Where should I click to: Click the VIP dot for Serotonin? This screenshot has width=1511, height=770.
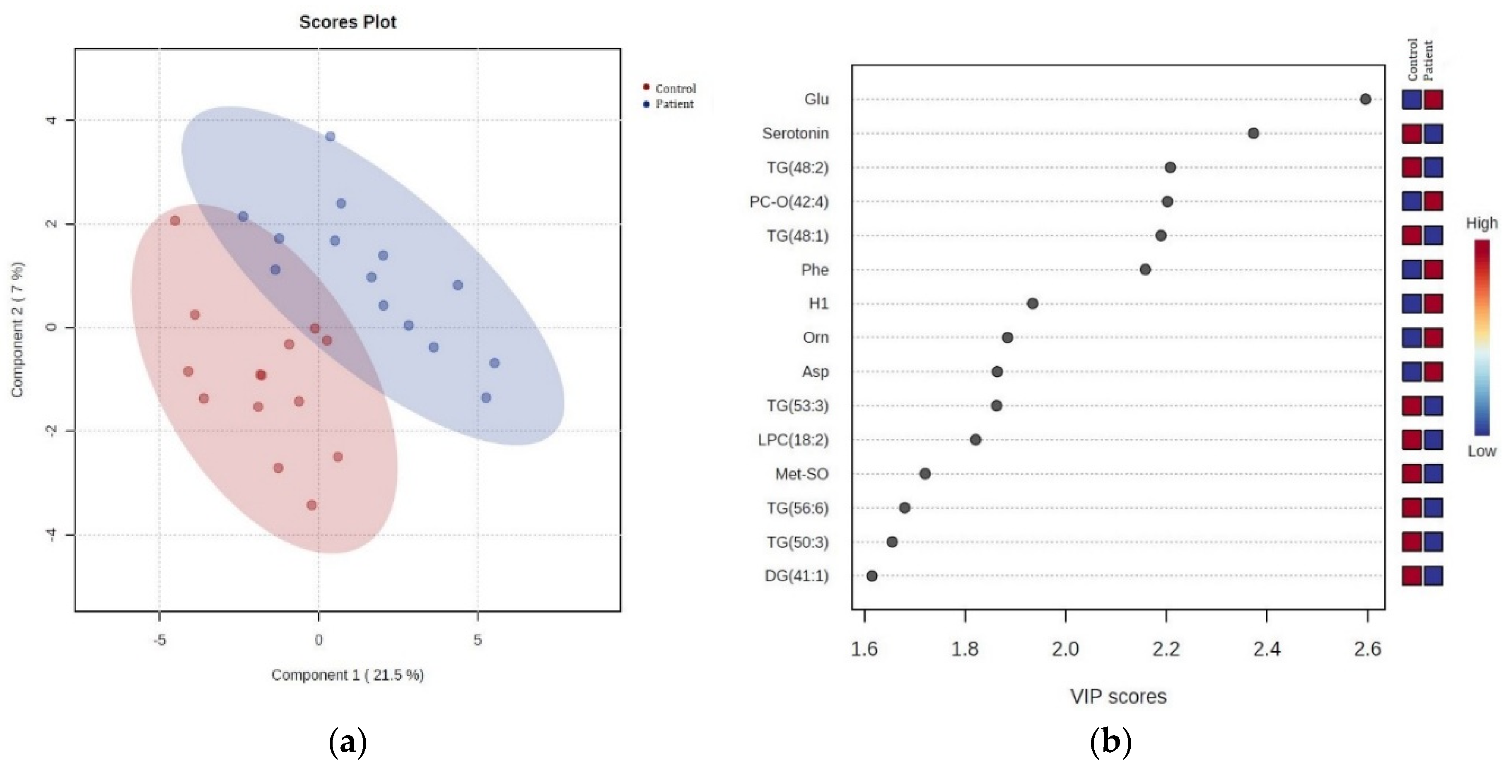[x=1253, y=133]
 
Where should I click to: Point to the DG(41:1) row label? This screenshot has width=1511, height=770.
[x=796, y=576]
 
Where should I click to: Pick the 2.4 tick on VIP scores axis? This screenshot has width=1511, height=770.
[x=1266, y=649]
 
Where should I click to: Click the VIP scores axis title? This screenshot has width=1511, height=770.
[x=1118, y=697]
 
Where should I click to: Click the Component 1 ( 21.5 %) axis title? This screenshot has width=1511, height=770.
[x=347, y=675]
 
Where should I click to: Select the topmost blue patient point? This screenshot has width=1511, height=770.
[x=330, y=137]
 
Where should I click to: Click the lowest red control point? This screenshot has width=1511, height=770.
[x=311, y=505]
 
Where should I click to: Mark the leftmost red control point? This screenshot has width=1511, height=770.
[x=175, y=220]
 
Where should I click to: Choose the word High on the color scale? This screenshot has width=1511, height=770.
[x=1482, y=224]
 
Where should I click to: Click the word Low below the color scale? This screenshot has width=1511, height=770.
[x=1482, y=451]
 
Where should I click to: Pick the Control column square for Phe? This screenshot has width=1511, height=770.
[x=1412, y=270]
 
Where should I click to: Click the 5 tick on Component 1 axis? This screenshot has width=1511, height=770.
[x=478, y=640]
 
